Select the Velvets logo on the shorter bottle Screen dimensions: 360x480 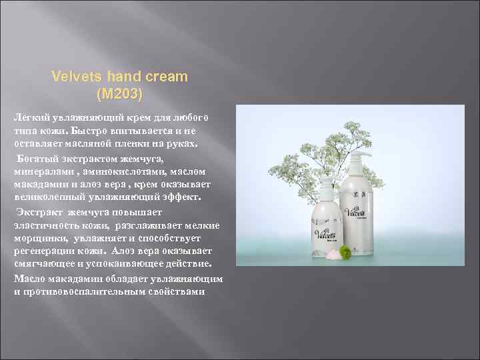(x=325, y=236)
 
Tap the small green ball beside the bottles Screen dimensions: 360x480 (x=346, y=252)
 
